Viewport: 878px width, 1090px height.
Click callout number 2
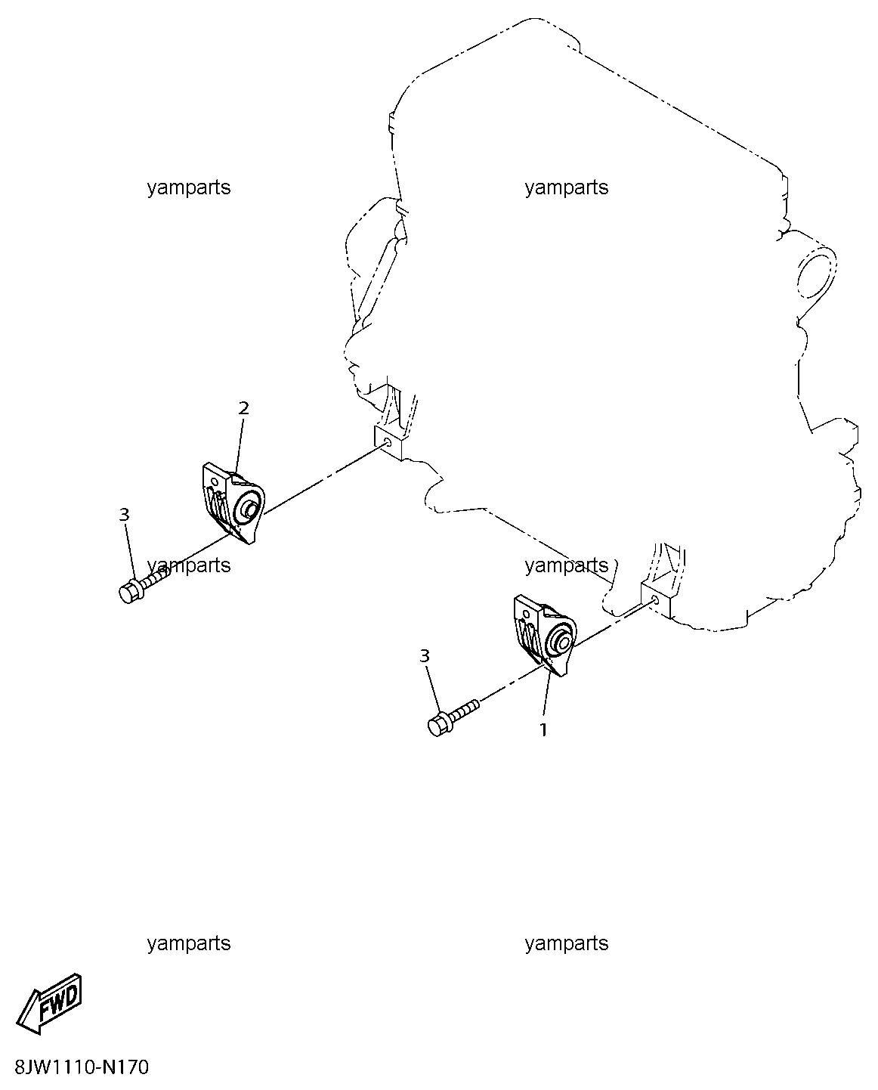point(243,408)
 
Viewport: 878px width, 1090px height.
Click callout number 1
point(543,730)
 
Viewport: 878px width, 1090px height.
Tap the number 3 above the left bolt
point(124,515)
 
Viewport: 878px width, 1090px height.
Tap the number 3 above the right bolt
point(425,656)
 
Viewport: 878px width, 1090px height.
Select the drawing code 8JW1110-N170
point(82,1067)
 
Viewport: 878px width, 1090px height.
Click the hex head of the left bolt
point(129,592)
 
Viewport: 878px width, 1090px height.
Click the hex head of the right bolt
point(438,726)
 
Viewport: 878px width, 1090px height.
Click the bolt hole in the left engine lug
point(387,443)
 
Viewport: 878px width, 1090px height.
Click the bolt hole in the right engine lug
point(654,599)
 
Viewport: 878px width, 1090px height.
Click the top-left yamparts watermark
point(189,188)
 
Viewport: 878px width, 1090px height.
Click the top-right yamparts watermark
point(567,188)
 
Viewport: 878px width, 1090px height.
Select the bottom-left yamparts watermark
point(189,943)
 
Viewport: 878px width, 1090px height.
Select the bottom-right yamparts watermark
point(567,943)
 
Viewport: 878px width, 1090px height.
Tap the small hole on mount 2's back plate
point(215,479)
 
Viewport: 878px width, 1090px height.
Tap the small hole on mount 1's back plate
point(527,614)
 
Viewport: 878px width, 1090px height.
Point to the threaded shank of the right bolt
point(463,712)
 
